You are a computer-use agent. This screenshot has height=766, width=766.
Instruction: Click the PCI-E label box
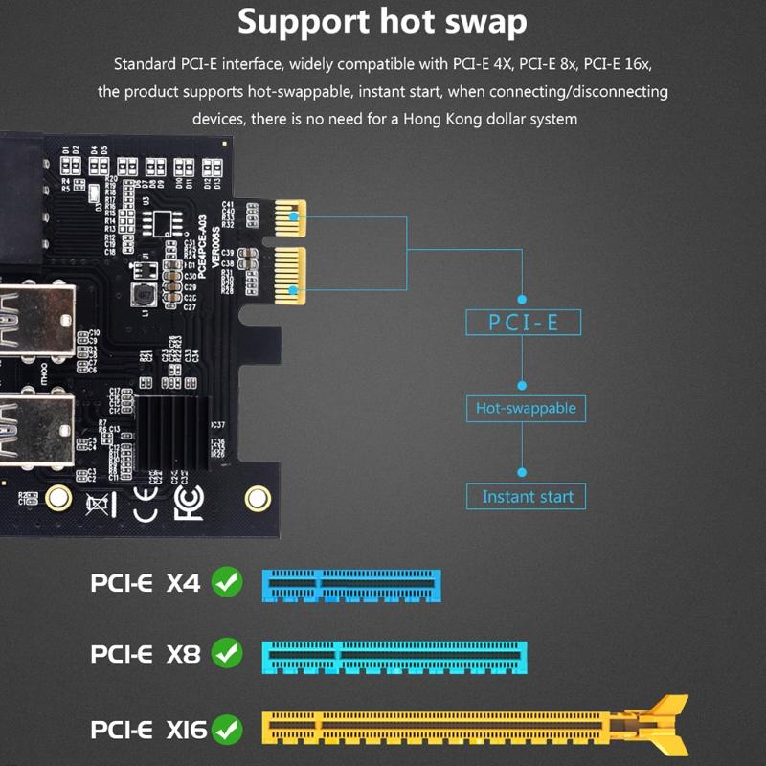click(x=524, y=322)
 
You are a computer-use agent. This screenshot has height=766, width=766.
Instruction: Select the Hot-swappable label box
click(x=526, y=408)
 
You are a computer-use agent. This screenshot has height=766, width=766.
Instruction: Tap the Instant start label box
click(x=527, y=496)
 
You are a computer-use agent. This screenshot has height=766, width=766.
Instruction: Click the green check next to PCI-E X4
click(x=227, y=581)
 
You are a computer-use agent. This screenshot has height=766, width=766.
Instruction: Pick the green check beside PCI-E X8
click(x=227, y=654)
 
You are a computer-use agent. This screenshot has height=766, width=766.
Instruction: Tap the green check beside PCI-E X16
click(x=227, y=730)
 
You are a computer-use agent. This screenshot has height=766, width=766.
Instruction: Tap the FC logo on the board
click(x=188, y=501)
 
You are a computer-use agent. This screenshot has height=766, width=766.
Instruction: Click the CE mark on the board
click(x=144, y=502)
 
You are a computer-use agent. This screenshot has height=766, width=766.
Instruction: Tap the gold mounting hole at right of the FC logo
click(x=256, y=497)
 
